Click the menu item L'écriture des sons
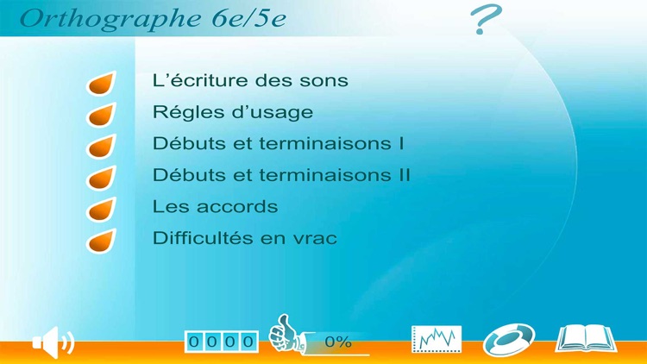point(249,81)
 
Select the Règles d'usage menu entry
point(232,112)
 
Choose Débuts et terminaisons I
point(278,143)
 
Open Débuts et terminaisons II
point(280,175)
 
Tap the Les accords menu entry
point(215,207)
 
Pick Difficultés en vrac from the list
point(244,238)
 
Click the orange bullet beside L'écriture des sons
point(101,84)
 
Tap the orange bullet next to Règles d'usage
point(101,115)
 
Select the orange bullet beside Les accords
point(101,209)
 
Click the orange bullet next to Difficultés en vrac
point(101,240)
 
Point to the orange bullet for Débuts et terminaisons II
point(101,178)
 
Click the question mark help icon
point(486,20)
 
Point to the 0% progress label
point(338,342)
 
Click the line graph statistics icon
point(437,339)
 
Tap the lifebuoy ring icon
point(509,339)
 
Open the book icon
point(586,338)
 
